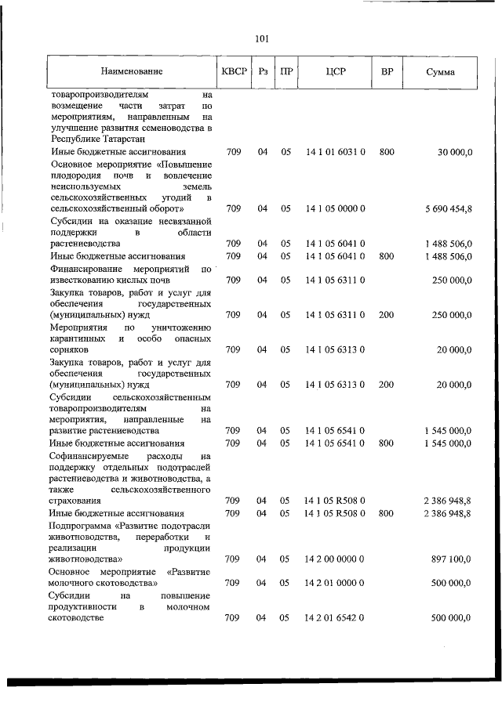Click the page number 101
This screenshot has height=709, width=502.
click(262, 38)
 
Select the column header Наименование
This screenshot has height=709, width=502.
click(133, 72)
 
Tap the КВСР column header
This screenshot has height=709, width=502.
click(234, 72)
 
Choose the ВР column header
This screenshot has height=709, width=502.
click(387, 72)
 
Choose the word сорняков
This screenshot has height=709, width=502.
click(71, 350)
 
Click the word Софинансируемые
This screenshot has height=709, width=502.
click(90, 455)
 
